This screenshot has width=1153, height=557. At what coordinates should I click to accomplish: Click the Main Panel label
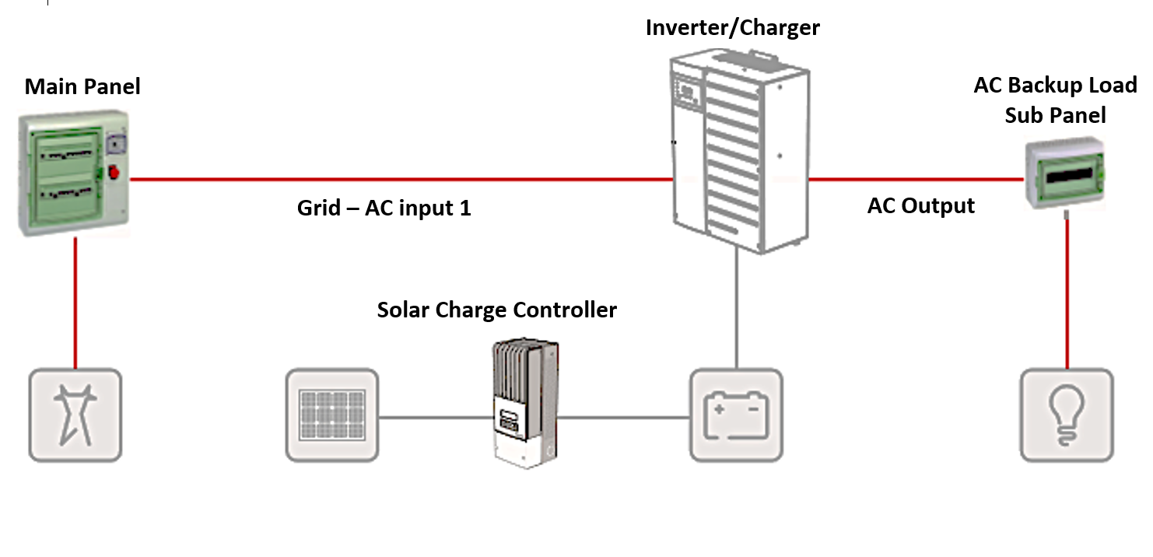click(x=82, y=86)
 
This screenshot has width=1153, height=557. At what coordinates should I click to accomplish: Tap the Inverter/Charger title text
click(x=732, y=28)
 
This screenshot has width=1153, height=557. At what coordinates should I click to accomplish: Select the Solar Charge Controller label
click(x=496, y=310)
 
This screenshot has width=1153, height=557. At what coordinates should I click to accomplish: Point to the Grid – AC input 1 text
click(x=384, y=208)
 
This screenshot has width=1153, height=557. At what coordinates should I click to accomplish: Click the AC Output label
click(x=920, y=205)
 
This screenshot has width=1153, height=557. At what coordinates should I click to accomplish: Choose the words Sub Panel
click(x=1055, y=115)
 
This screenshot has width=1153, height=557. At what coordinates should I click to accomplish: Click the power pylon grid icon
click(x=75, y=415)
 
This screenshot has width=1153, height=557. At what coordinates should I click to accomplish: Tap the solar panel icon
click(x=332, y=415)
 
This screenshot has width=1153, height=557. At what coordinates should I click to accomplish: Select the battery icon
click(x=736, y=415)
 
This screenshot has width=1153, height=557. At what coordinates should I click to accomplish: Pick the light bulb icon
click(x=1066, y=415)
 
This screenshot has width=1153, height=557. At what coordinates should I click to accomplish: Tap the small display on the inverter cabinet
click(x=688, y=93)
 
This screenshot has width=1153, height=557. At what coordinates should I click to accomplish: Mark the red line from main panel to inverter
click(x=401, y=180)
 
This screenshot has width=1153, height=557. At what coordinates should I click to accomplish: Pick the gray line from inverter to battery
click(x=736, y=311)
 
